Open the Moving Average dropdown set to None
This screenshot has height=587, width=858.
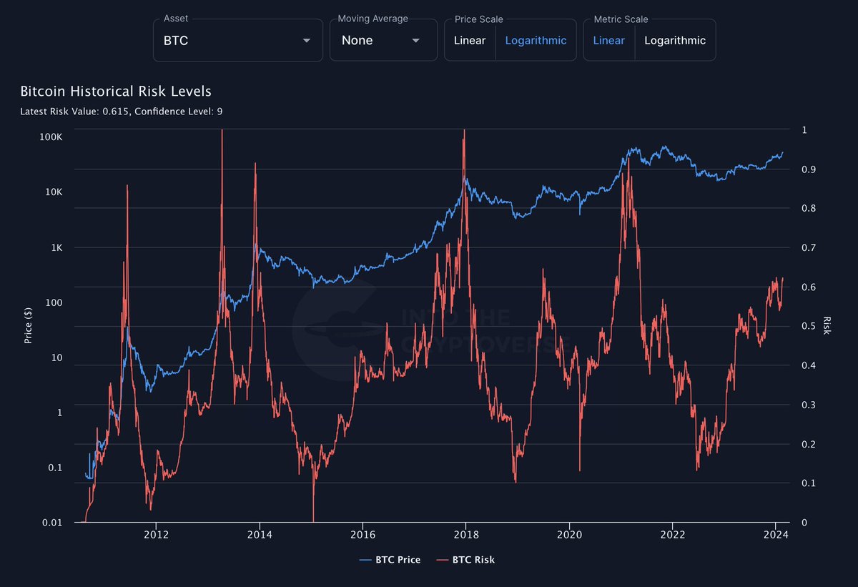coord(383,40)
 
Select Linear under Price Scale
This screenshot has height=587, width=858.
coord(469,40)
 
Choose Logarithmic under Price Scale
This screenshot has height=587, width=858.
coord(536,40)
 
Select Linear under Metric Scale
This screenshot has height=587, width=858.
coord(608,40)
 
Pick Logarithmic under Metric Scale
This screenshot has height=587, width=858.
coord(674,40)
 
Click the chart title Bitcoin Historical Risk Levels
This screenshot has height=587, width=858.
coord(116,92)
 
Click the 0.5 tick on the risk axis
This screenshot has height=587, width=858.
coord(807,326)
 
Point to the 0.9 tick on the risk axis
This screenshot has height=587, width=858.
coord(807,169)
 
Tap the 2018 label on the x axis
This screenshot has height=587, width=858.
coord(466,535)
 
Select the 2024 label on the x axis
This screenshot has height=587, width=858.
coord(776,535)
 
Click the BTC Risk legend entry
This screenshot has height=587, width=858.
coord(465,560)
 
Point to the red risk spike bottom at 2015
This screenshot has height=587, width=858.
coord(313,520)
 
